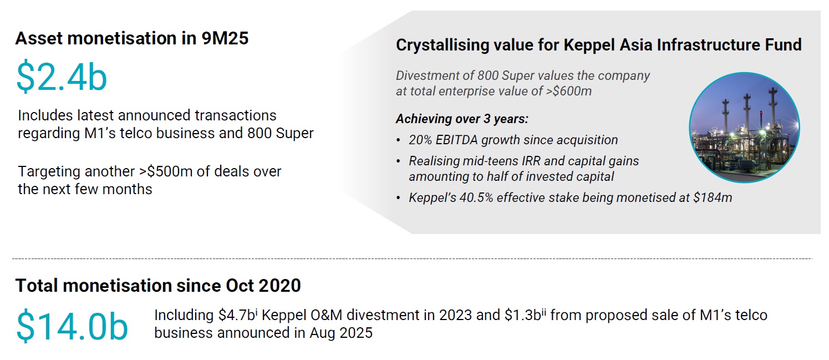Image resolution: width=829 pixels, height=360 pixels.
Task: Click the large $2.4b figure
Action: (62, 77)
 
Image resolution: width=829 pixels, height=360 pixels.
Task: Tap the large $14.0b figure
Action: (72, 326)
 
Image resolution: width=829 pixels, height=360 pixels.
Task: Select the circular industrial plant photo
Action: (744, 127)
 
